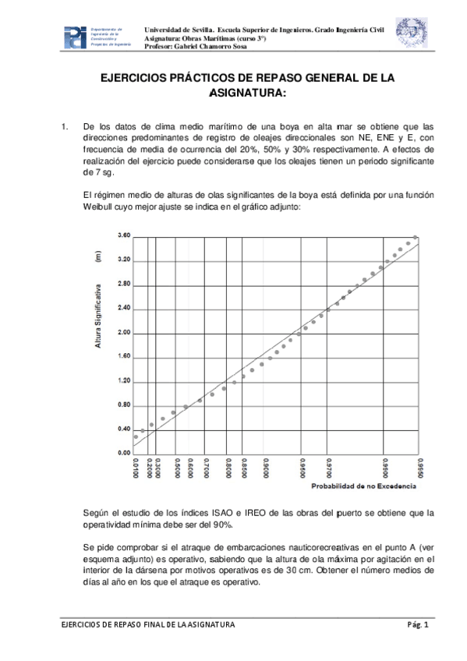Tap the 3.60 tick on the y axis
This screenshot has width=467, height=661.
[122, 235]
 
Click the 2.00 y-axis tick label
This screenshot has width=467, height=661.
[122, 333]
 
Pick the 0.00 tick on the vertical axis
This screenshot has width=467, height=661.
[122, 453]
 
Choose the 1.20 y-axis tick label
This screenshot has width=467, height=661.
[122, 380]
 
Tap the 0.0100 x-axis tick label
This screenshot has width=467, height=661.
[136, 470]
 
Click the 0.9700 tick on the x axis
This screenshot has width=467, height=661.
[330, 470]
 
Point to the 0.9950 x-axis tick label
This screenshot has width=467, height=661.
[419, 470]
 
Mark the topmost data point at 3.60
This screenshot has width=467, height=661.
[416, 237]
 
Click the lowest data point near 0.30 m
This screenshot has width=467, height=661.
[136, 437]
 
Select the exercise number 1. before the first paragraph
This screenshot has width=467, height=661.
[65, 125]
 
